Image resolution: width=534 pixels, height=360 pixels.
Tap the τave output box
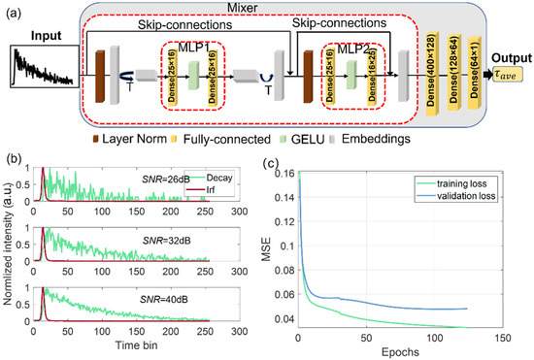[504, 85]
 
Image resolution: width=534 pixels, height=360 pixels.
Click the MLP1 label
[193, 47]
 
